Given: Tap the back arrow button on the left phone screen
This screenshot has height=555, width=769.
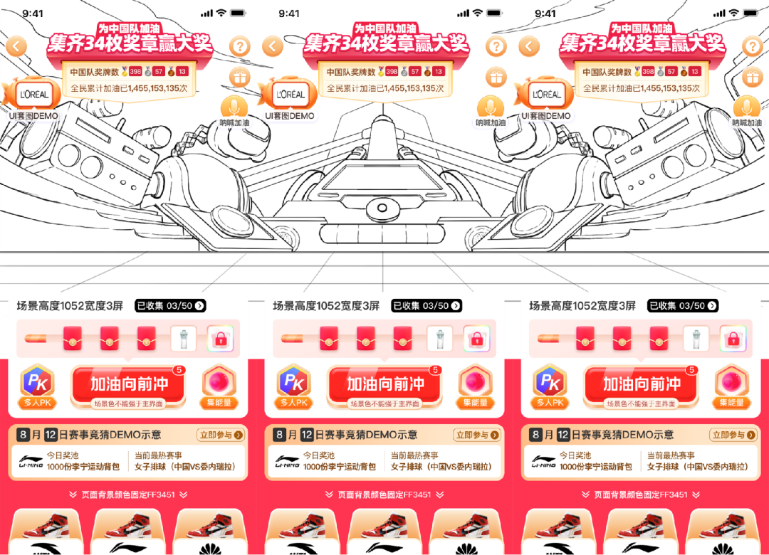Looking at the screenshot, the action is point(16,47).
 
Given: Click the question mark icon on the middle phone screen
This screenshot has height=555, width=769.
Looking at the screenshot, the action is point(496,47).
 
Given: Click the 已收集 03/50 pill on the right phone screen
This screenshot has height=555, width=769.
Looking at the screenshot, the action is point(682,305).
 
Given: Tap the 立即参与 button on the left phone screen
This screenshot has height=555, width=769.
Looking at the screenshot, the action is point(220,435).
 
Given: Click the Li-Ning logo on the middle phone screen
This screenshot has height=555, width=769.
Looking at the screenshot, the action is point(288,462).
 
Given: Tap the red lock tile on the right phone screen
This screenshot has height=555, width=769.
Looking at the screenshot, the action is point(733,339).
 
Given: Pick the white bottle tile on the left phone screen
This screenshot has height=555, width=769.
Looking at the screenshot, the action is point(186,339).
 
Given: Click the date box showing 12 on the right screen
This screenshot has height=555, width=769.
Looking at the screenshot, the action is point(563,435).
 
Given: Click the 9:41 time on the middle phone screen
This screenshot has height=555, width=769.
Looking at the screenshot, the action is point(289,14).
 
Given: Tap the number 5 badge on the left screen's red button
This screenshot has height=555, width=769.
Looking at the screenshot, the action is point(179,370).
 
